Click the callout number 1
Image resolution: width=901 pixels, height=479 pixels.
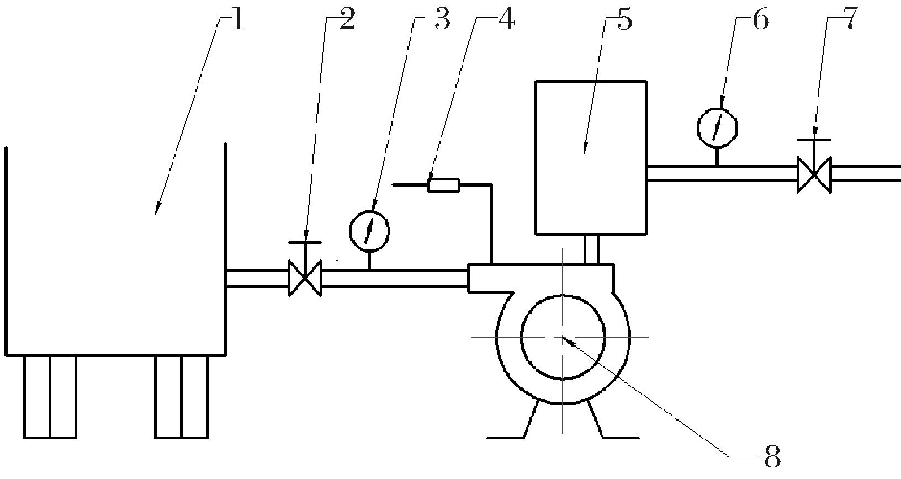237,21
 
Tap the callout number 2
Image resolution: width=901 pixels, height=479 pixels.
347,21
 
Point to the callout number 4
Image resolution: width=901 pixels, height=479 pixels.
506,21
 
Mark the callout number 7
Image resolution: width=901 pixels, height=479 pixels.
850,21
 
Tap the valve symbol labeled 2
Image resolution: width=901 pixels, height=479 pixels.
305,279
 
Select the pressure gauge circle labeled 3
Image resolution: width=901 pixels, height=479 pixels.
369,231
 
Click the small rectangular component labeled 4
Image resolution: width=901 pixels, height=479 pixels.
443,185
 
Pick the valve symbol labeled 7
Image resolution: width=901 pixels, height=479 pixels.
814,174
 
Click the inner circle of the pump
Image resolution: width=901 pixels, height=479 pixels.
563,337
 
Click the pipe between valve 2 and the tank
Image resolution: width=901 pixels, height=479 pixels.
257,278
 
